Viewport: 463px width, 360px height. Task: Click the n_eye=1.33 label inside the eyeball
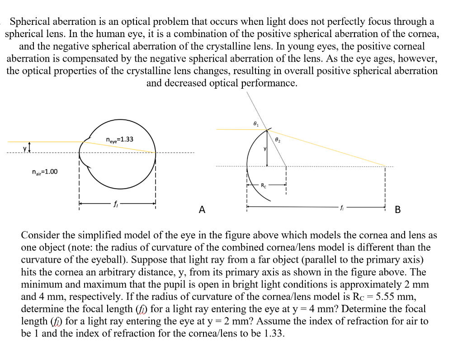119,139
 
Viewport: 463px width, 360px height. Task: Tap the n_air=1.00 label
45,172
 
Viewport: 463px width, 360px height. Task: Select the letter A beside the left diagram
202,209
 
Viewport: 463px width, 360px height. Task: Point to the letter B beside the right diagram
397,209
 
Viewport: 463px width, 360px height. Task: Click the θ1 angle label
256,123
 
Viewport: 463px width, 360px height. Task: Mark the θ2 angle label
278,141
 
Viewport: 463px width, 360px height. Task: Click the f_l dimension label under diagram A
116,204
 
